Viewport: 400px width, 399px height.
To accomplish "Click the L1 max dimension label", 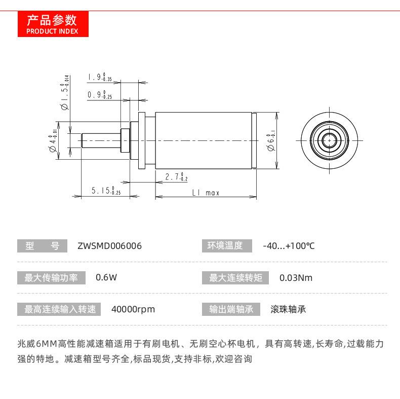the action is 206,193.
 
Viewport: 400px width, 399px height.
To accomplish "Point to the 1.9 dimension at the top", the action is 99,78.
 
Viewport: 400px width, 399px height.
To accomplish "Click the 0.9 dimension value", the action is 99,94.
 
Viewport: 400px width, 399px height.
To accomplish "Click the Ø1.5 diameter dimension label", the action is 64,92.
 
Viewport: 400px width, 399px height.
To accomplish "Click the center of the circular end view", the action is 330,138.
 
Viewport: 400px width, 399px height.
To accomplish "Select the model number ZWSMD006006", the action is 110,246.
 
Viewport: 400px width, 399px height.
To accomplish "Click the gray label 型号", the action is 42,246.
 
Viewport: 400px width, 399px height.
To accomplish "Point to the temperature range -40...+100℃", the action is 289,246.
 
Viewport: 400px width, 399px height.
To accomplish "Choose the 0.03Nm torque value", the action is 296,277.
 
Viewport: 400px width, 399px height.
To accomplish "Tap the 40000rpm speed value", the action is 133,309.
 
